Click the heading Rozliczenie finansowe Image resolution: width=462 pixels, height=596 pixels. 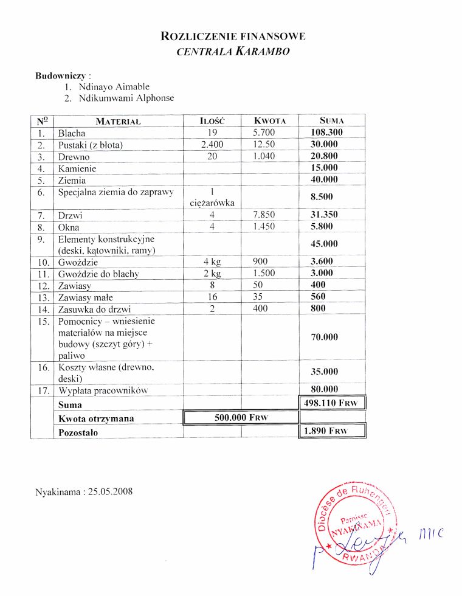tap(233, 36)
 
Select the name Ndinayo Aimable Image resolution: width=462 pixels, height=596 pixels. tap(114, 87)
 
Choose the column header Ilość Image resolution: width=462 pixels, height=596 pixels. tap(212, 121)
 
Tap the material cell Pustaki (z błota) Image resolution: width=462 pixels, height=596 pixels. tap(91, 145)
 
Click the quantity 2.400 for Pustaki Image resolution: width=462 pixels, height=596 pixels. tap(212, 145)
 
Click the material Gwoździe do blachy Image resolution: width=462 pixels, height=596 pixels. tap(98, 274)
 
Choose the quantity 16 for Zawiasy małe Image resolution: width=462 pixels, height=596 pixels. tap(212, 297)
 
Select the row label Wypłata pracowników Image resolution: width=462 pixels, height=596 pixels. tap(103, 390)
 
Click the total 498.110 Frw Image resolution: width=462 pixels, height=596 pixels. tap(331, 404)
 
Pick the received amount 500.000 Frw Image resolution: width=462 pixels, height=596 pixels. tap(241, 418)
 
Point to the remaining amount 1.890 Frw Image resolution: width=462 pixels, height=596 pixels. tap(331, 432)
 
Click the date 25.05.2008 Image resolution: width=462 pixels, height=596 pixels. tap(109, 491)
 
